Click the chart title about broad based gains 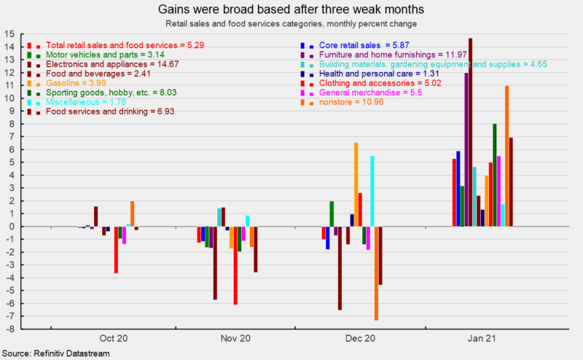(291, 9)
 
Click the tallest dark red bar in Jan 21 (471, 132)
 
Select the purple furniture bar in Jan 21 (466, 149)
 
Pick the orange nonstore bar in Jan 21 (506, 156)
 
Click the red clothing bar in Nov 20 (235, 265)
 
